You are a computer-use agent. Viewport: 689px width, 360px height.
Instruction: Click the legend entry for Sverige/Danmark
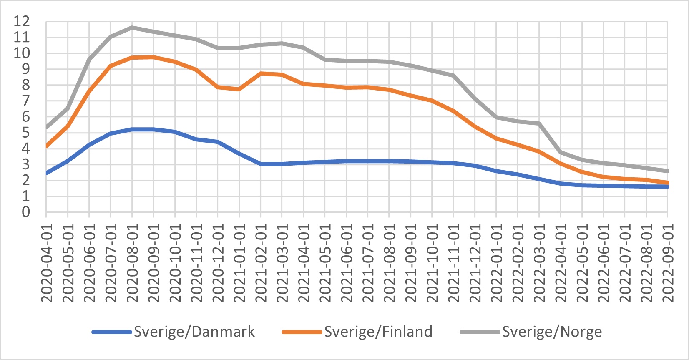coord(194,332)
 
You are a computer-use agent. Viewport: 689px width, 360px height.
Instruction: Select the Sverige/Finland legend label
coord(378,332)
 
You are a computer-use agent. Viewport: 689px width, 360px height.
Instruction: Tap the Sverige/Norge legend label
coord(552,332)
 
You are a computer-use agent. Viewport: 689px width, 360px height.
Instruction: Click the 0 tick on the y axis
coord(26,212)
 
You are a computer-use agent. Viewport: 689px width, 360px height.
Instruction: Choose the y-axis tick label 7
coord(26,101)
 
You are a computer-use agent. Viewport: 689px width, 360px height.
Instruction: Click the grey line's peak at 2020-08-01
coord(132,28)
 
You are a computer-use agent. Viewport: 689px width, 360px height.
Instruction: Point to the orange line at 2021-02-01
coord(261,73)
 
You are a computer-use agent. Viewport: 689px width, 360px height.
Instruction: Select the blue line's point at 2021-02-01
coord(261,164)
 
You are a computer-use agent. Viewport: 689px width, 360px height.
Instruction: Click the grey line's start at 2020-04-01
coord(46,127)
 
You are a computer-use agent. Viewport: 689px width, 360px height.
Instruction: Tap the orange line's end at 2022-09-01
coord(668,183)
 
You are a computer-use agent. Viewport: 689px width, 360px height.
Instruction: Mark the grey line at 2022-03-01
coord(539,123)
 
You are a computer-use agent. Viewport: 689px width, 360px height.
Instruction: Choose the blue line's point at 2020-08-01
coord(132,129)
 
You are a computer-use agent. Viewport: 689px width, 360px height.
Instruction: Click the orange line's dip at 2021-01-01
coord(239,89)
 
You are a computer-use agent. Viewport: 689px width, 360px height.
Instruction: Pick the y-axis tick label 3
coord(26,164)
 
